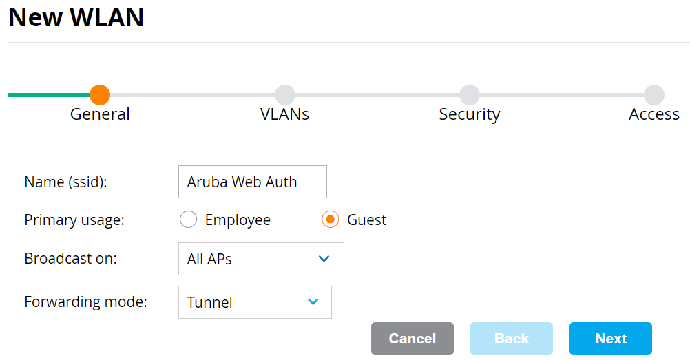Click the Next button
pos(610,339)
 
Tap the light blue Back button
pos(511,339)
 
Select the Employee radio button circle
pos(188,220)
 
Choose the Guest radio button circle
pos(331,220)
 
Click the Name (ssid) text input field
pos(252,182)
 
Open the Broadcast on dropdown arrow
pos(324,259)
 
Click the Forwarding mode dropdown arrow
pos(313,301)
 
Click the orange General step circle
pos(100,95)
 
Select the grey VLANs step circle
pos(284,95)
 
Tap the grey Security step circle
pos(469,95)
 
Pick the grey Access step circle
pos(654,95)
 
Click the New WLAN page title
pos(76,18)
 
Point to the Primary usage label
pos(74,220)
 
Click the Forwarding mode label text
pos(85,301)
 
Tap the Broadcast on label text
pos(70,259)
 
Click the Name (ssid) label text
pos(66,182)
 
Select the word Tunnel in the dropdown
pos(209,302)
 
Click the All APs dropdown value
pos(209,260)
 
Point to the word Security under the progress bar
pos(469,114)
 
